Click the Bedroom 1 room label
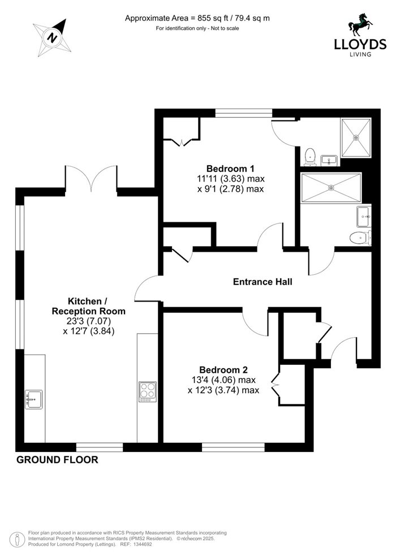point(230,168)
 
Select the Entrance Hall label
point(262,282)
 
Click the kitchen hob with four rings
point(148,392)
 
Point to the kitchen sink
point(34,399)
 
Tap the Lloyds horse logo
point(360,25)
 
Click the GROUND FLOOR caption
point(57,460)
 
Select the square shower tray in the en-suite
point(356,137)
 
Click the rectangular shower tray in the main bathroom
point(331,188)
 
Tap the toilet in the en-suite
point(311,157)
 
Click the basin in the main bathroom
point(364,217)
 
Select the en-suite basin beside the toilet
point(329,160)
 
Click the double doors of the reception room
point(91,178)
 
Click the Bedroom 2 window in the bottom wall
point(233,447)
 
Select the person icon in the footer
point(17,540)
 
